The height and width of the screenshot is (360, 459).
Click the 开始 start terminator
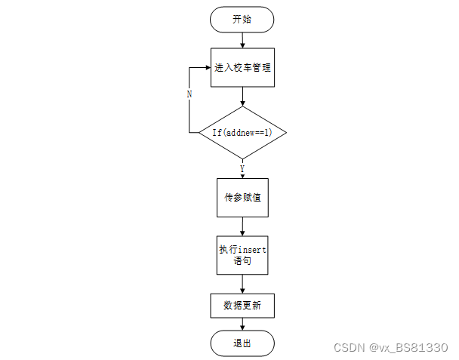[242, 20]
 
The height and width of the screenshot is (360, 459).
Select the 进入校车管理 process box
[242, 67]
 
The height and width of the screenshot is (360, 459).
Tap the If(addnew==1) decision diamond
[242, 132]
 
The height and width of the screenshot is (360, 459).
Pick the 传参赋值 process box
[242, 198]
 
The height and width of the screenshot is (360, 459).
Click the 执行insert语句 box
[242, 255]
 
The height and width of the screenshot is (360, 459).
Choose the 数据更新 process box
[242, 306]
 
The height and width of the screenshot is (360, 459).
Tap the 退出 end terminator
[242, 343]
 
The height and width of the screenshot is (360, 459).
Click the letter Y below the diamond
[242, 168]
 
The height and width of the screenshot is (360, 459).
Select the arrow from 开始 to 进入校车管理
[242, 40]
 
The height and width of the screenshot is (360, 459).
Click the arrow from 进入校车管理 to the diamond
[242, 96]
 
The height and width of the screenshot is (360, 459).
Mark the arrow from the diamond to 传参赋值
[242, 170]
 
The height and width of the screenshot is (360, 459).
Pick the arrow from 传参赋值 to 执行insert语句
[242, 226]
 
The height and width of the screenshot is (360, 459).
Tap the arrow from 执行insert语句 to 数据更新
[242, 284]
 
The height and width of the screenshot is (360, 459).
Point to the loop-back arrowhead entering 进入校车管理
[207, 67]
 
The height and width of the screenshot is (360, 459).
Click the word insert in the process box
[252, 249]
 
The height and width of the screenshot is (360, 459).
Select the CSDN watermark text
[349, 347]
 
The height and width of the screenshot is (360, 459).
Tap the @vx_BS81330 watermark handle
[408, 347]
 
